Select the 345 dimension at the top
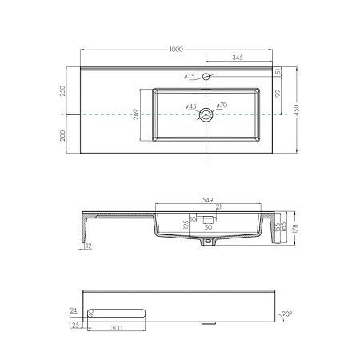pyautogui.click(x=238, y=58)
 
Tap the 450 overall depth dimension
pyautogui.click(x=298, y=110)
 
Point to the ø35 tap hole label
pyautogui.click(x=189, y=77)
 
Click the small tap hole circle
pyautogui.click(x=206, y=77)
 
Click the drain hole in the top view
pyautogui.click(x=206, y=114)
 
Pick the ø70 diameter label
pyautogui.click(x=222, y=105)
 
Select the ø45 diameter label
pyautogui.click(x=190, y=106)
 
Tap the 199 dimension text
pyautogui.click(x=277, y=95)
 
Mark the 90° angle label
pyautogui.click(x=286, y=314)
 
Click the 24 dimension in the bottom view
pyautogui.click(x=74, y=310)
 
